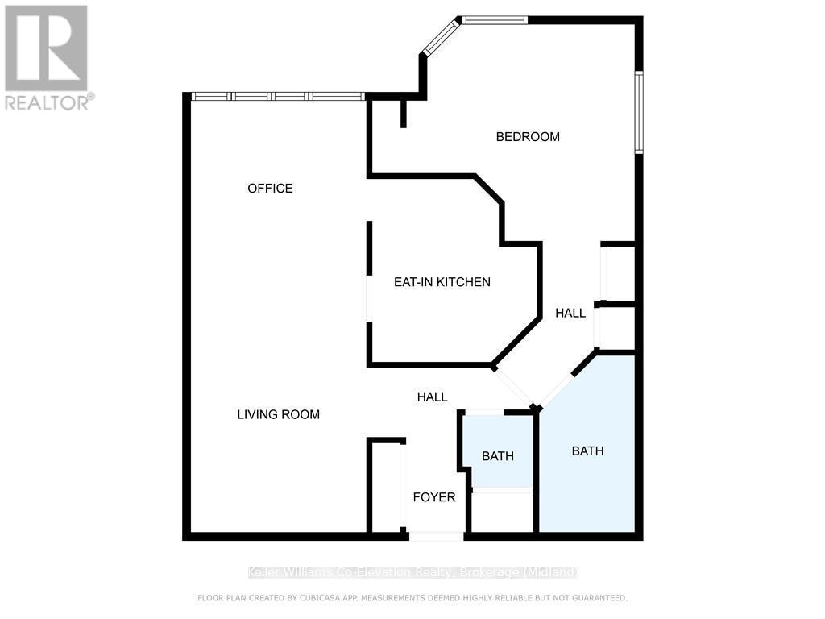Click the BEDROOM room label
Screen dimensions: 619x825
528,137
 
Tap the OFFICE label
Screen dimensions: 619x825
270,189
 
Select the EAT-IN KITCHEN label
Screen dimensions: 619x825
442,282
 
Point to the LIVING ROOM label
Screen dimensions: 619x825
278,415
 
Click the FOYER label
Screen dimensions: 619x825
434,497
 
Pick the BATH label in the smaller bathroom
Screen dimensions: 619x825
498,456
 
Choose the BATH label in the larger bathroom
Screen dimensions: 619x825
587,451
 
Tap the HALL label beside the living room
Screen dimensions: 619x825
432,397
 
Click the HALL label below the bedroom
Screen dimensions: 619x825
570,314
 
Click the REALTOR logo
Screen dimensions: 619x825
48,57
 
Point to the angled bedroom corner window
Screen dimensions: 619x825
441,37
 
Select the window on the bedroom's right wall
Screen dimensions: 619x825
638,112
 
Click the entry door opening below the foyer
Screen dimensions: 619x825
436,536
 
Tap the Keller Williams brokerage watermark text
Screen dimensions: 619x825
412,573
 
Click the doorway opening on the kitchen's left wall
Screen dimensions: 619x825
369,299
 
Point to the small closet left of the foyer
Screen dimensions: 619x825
386,488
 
